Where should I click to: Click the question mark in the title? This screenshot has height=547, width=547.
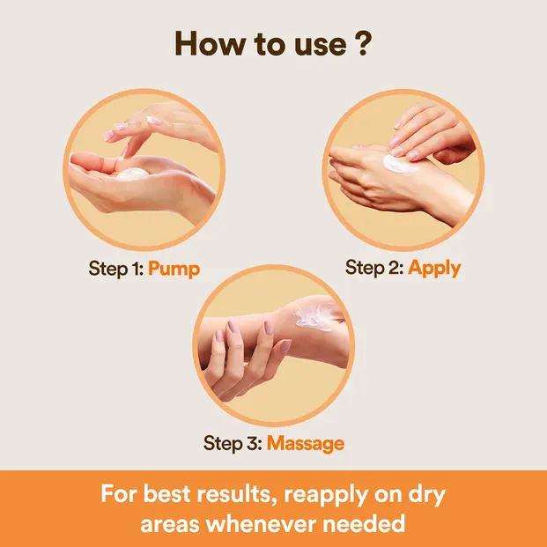tap(363, 43)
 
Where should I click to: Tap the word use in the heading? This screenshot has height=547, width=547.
tap(321, 47)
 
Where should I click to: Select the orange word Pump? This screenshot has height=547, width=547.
tap(174, 270)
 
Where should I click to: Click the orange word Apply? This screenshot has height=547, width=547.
tap(434, 269)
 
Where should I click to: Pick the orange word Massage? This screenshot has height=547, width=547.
tap(306, 444)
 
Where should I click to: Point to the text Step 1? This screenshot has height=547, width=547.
tap(116, 269)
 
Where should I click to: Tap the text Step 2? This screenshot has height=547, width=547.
tap(374, 268)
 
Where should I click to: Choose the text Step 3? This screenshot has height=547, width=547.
tap(233, 443)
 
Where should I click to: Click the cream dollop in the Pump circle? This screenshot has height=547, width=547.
tap(132, 174)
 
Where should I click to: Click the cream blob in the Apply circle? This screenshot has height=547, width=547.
tap(399, 163)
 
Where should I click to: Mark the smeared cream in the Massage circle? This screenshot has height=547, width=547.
tap(314, 318)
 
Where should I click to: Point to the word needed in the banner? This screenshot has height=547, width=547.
tap(364, 524)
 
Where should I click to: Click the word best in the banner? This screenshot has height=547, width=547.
tap(166, 494)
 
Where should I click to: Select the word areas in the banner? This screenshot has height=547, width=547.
tap(170, 526)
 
